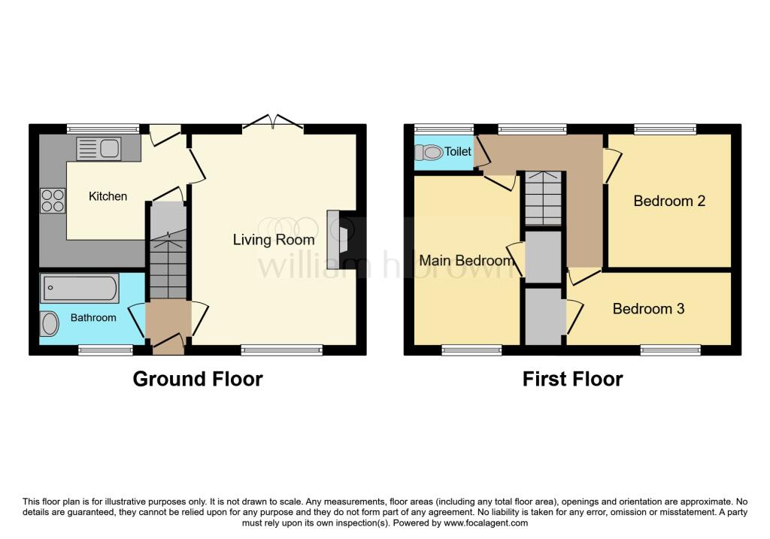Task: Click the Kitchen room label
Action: coord(108,196)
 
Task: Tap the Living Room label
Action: coord(274,240)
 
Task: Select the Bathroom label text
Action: coord(93,317)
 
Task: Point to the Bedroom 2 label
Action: coord(669,201)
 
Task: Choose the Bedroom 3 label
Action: coord(648,309)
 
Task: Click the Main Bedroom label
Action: coord(465,260)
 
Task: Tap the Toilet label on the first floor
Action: coord(458,152)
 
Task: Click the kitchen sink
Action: coord(99,148)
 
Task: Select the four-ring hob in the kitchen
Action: coord(53,200)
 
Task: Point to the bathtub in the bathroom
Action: coord(80,288)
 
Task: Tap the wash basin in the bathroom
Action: coord(49,325)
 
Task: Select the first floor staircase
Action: coord(543,198)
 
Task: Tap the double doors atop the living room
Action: coord(273,123)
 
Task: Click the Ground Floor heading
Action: coord(198,379)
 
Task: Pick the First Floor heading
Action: coord(572,379)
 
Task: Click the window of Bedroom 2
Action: coord(665,129)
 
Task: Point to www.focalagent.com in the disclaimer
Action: coord(486,523)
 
